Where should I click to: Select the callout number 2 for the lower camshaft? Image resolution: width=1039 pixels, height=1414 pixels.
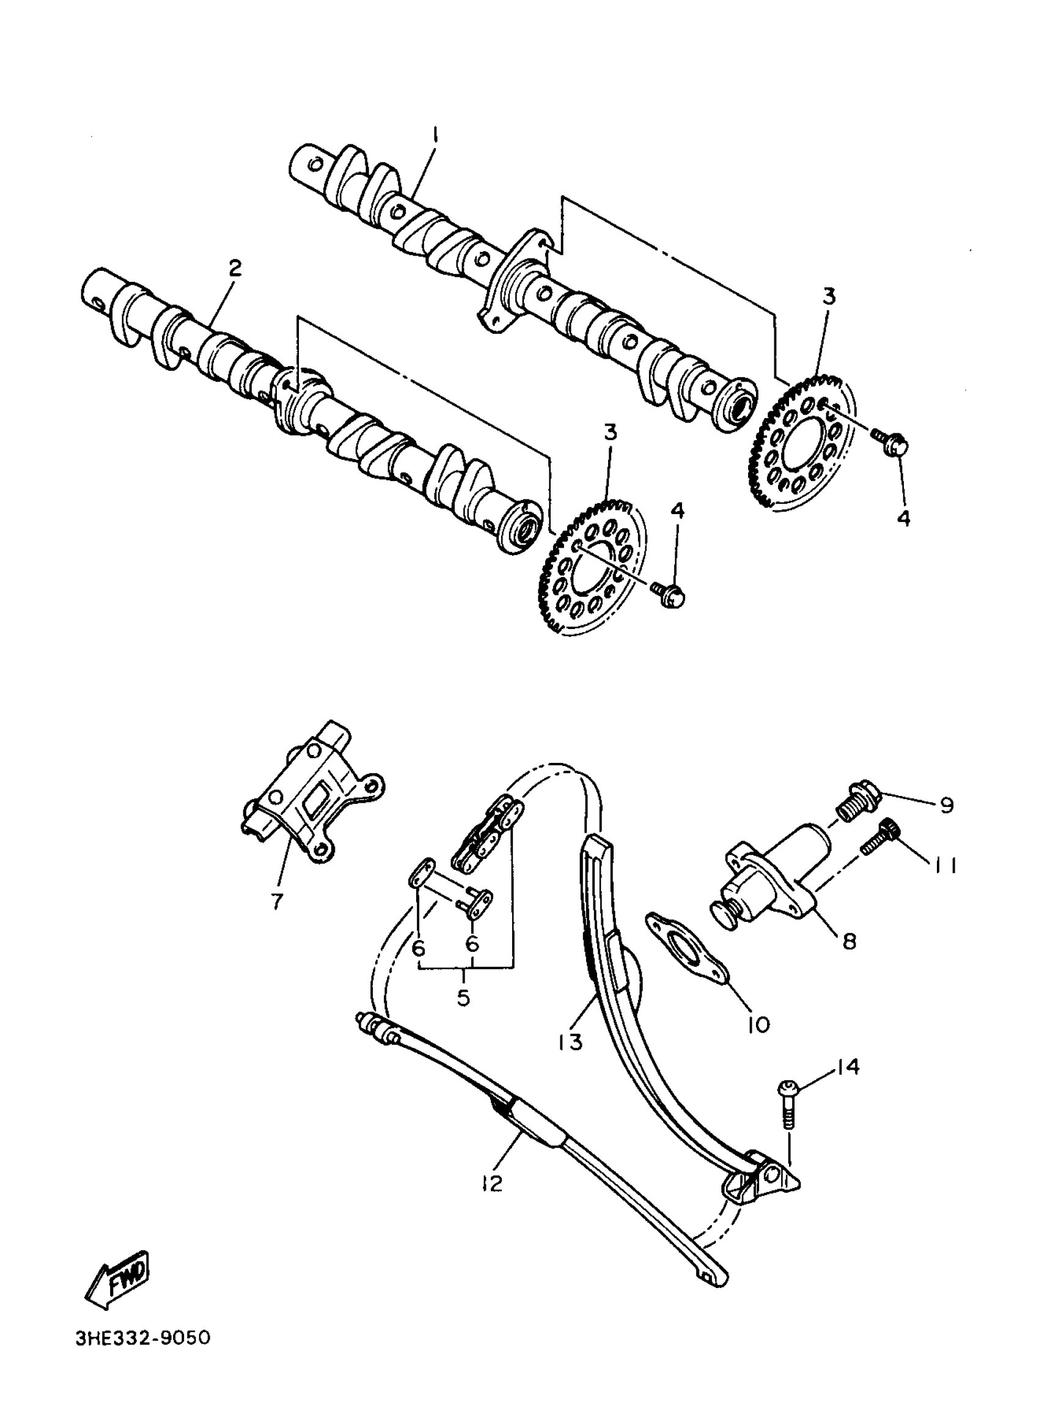235,269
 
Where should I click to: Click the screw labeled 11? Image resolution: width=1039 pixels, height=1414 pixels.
879,837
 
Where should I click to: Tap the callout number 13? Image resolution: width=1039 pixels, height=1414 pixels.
570,1042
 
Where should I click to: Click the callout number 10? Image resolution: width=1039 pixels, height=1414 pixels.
758,1025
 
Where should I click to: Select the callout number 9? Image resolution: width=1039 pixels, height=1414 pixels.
947,806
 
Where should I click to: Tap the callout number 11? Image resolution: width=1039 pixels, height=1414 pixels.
946,867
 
